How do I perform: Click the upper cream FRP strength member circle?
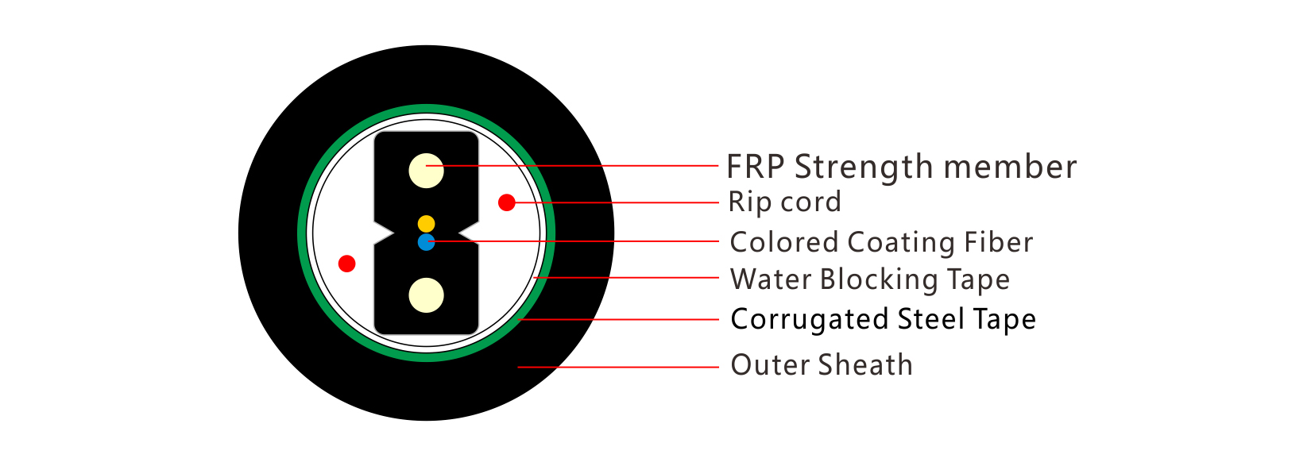426,171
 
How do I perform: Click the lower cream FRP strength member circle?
426,295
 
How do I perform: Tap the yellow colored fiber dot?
426,224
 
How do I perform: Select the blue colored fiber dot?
426,242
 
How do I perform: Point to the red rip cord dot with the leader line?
507,202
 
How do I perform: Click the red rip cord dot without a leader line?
347,264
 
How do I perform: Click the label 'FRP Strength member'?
902,167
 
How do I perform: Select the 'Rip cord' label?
785,202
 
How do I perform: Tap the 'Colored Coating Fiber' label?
881,242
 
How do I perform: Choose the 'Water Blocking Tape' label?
870,279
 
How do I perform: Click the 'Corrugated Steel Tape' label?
884,320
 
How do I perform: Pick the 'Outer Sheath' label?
822,365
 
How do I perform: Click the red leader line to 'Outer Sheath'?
618,368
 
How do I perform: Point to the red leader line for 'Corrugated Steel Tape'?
619,320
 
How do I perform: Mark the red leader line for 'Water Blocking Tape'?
626,277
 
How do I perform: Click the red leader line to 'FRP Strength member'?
572,165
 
